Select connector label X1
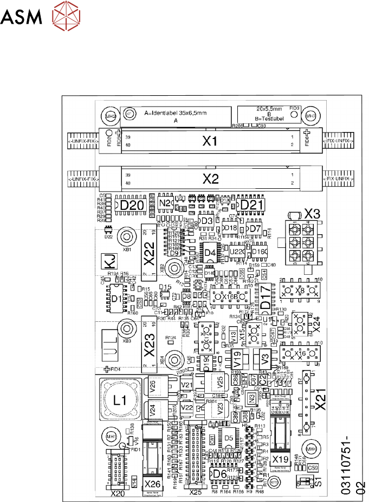coord(209,142)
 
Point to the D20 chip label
coord(132,206)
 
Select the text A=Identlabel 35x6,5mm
coord(176,114)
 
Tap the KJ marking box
coord(109,262)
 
